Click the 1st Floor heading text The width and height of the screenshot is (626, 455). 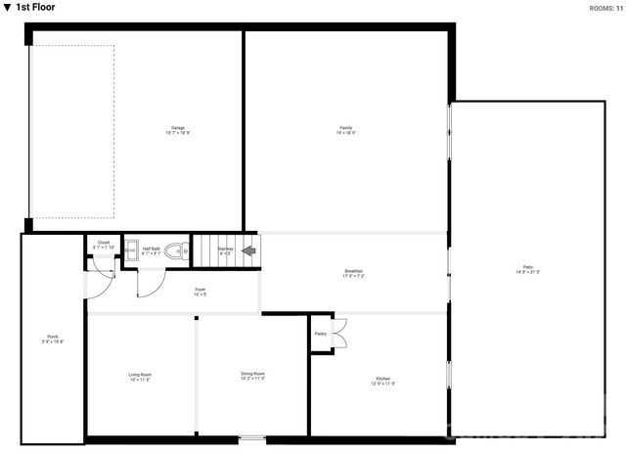(x=35, y=8)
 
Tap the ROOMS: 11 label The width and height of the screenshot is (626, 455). (x=604, y=8)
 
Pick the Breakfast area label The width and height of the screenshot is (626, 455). (x=353, y=273)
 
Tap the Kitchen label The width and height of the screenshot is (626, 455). (x=384, y=382)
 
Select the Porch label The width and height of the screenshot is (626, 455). (x=53, y=339)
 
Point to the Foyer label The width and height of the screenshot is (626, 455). (x=200, y=291)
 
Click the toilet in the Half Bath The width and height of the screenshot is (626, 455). (x=176, y=251)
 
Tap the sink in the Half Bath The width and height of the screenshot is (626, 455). (x=130, y=251)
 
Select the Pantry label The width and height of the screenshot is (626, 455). (x=320, y=334)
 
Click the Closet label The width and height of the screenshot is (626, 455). (x=104, y=244)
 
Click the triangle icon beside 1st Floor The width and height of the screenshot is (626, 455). (x=7, y=8)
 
